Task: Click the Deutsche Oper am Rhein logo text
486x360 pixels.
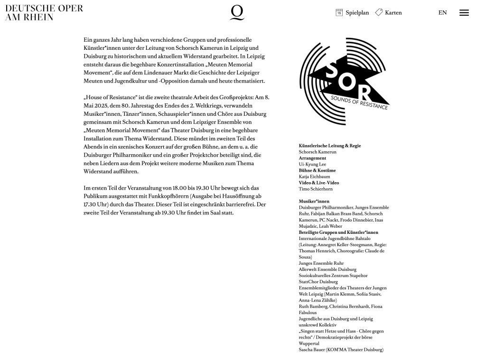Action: [x=44, y=13]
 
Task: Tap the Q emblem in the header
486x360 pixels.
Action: [x=237, y=12]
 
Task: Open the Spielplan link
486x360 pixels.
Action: [x=357, y=13]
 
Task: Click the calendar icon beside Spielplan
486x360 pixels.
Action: [x=339, y=12]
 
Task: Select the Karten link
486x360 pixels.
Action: [x=393, y=13]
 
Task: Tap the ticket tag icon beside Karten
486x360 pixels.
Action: [x=379, y=12]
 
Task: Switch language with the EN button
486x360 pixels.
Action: [x=442, y=13]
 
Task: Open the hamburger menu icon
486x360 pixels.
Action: [x=464, y=13]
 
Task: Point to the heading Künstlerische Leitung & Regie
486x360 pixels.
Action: [x=329, y=146]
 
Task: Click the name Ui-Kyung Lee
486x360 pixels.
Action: [x=312, y=164]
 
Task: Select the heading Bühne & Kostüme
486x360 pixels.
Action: [x=317, y=170]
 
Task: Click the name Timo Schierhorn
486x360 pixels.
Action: [x=316, y=189]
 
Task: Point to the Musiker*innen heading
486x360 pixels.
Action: [x=314, y=201]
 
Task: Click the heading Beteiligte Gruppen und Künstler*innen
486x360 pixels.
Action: [x=338, y=232]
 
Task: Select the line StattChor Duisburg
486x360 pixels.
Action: [x=318, y=282]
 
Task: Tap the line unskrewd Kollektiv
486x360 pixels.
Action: [x=318, y=325]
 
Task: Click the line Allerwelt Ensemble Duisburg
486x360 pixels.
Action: [x=327, y=269]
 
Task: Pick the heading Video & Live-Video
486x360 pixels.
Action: [x=318, y=183]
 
